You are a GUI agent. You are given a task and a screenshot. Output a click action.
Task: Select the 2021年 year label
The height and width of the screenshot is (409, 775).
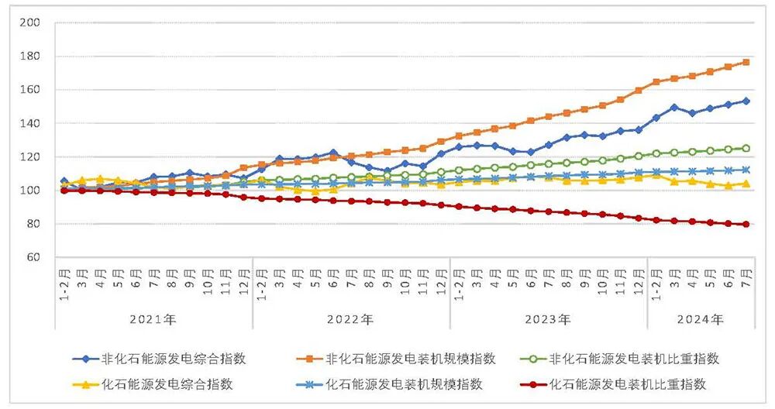tap(153, 319)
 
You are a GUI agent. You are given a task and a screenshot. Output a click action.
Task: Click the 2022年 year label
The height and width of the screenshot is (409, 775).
tap(351, 319)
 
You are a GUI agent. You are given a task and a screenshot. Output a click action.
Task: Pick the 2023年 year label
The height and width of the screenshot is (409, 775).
tap(549, 319)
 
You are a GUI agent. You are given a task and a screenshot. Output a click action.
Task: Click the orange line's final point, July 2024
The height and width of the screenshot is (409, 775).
tap(746, 62)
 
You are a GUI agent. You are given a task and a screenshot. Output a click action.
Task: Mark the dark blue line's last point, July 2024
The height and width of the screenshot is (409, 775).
tap(746, 101)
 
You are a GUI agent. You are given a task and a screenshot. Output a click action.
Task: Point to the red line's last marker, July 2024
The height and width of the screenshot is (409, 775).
tap(746, 225)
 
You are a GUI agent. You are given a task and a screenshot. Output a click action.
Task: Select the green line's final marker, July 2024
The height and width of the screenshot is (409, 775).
tap(746, 148)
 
